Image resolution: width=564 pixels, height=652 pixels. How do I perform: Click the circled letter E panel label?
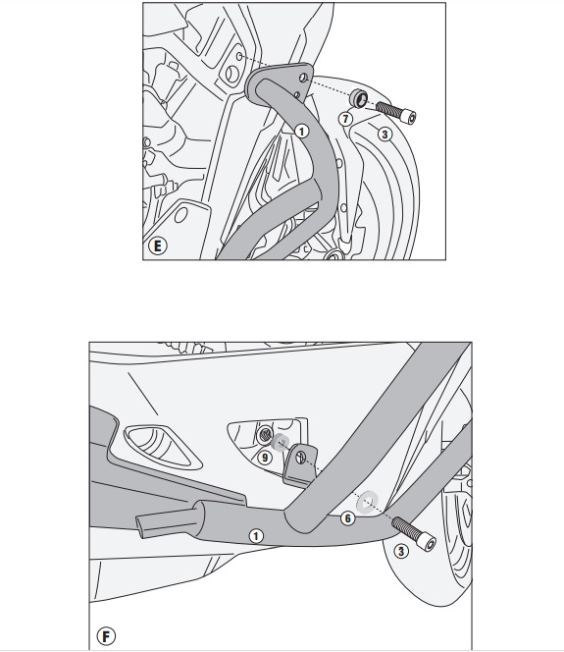(x=157, y=245)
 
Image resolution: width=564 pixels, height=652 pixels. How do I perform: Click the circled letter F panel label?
(x=106, y=636)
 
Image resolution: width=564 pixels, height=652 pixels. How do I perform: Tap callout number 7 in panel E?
(x=345, y=119)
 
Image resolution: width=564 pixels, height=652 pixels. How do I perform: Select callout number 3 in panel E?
(x=385, y=135)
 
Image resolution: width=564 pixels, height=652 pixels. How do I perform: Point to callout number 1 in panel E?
(x=301, y=132)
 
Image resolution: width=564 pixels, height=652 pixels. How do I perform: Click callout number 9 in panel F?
(x=265, y=458)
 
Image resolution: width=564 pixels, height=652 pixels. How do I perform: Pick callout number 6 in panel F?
(x=347, y=518)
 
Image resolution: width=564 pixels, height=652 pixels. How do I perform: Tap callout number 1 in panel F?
(x=256, y=536)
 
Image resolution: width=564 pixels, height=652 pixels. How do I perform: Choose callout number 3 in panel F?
(x=401, y=552)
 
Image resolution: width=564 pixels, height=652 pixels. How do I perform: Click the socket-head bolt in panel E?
(x=396, y=112)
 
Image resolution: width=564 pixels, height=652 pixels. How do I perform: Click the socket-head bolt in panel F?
(x=414, y=534)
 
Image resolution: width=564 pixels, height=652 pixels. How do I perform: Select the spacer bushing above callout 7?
(x=358, y=98)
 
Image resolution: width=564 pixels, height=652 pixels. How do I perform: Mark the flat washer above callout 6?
(x=368, y=502)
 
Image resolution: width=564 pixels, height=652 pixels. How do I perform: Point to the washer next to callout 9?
(x=280, y=442)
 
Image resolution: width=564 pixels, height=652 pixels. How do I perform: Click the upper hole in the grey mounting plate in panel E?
(x=304, y=78)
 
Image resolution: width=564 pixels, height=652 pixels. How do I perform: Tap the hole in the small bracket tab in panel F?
(x=301, y=458)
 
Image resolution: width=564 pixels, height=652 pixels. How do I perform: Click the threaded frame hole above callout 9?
(x=264, y=435)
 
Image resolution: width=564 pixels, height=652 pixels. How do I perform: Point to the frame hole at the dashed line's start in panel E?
(x=239, y=56)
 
